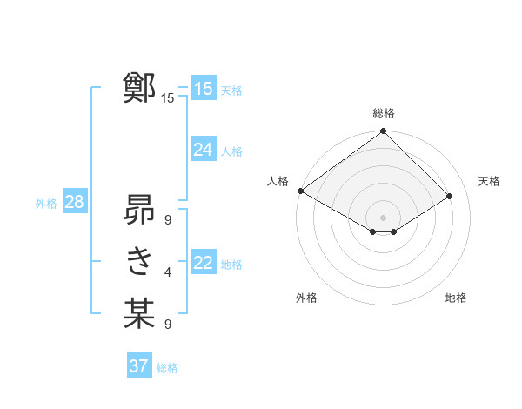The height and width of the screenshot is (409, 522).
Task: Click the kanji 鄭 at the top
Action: [x=139, y=88]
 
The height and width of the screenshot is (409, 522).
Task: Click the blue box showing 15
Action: [x=203, y=88]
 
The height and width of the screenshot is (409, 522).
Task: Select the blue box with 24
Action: [x=203, y=150]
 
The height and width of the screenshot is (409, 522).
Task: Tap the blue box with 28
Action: [x=74, y=203]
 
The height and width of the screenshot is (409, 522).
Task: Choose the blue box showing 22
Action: [x=203, y=263]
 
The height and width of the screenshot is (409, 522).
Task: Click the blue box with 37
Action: [x=138, y=366]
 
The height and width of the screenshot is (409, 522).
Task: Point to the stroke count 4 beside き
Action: [x=167, y=272]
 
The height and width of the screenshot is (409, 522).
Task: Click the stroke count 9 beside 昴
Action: [x=167, y=219]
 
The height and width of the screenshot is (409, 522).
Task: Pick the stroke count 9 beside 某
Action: [x=167, y=325]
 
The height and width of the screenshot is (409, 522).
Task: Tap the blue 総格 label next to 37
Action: [x=167, y=368]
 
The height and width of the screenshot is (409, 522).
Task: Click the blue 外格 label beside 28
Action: [x=46, y=204]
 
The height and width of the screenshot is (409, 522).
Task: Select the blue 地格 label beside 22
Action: [x=231, y=265]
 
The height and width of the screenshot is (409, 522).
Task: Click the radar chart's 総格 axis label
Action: [x=383, y=113]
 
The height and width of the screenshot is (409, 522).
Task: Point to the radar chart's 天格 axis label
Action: [x=489, y=181]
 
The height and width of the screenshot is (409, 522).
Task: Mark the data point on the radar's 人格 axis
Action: [x=300, y=191]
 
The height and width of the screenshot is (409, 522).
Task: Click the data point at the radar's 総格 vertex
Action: [x=383, y=131]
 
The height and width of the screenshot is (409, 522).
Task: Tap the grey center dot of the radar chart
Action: [x=383, y=217]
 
